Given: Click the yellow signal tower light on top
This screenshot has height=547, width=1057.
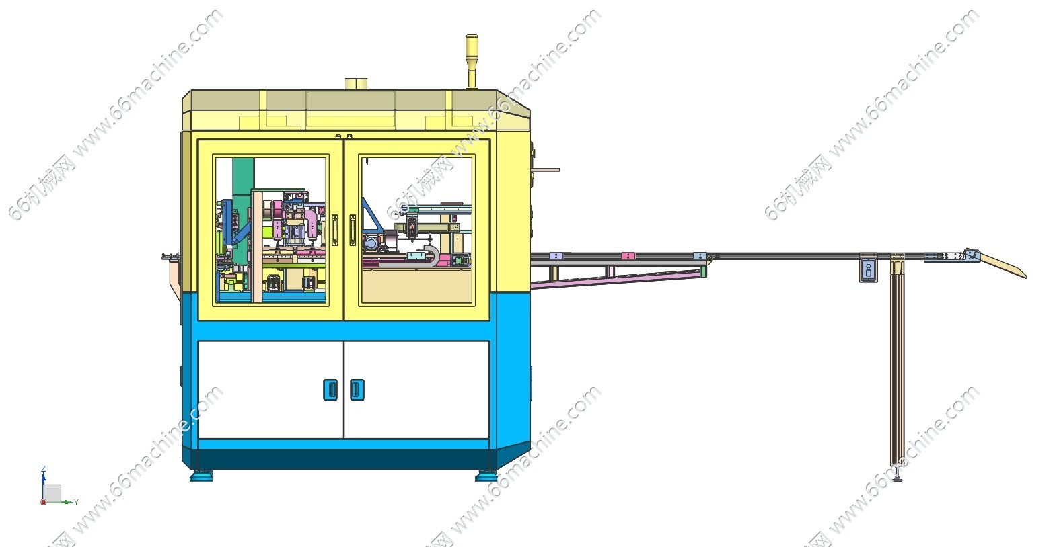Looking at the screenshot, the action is (472, 61).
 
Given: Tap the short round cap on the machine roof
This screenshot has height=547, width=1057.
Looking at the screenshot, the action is (357, 84).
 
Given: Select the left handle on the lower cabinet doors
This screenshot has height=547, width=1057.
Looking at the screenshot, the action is (330, 390).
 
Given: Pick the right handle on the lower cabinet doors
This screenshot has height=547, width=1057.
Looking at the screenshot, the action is (357, 390).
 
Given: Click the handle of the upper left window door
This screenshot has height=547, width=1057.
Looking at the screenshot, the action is (334, 230).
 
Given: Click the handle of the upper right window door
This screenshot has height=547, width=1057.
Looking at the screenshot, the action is (353, 230).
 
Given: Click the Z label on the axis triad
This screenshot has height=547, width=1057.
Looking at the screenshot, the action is (44, 469).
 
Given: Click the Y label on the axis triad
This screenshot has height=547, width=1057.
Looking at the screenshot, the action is (76, 502).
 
